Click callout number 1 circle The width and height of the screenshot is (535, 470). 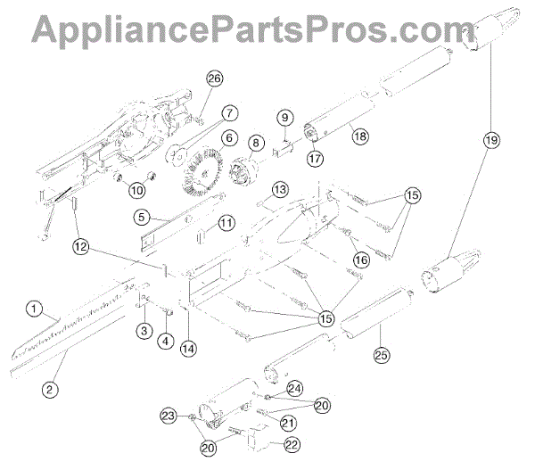click(x=34, y=310)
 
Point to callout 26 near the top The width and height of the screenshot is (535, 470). click(x=213, y=79)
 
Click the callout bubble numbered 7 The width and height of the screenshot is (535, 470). click(x=229, y=113)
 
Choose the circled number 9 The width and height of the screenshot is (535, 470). click(x=284, y=118)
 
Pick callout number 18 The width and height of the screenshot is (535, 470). click(x=359, y=136)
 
